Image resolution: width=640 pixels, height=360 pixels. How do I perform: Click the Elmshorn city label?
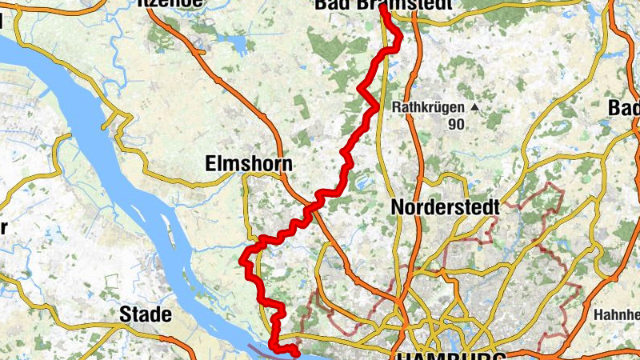(x=249, y=164)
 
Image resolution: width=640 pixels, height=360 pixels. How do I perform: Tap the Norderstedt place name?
(x=446, y=207)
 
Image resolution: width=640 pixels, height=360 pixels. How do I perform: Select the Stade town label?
(x=145, y=314)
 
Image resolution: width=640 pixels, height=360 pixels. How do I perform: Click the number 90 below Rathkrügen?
(x=457, y=124)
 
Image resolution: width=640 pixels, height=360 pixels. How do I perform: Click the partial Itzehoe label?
(x=171, y=3)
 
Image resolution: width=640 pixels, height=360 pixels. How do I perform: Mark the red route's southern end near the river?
(x=295, y=351)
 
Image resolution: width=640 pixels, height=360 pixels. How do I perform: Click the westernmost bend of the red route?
(x=242, y=258)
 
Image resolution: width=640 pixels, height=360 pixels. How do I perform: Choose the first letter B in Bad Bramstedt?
(x=321, y=5)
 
